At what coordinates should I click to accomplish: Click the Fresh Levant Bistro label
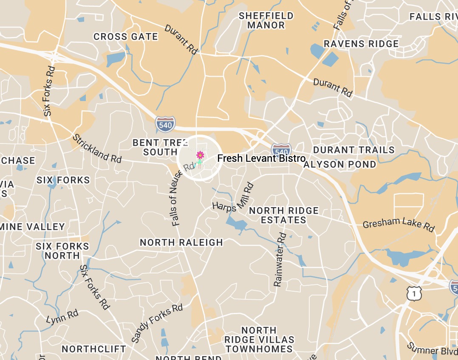261,158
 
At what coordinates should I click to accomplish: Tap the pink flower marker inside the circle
200,155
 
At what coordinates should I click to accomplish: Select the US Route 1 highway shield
413,293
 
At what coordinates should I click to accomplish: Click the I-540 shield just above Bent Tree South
165,124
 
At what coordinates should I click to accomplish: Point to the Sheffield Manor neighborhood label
266,20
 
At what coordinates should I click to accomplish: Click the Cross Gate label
126,37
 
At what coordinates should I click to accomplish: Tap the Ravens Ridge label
361,44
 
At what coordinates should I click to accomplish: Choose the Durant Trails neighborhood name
354,150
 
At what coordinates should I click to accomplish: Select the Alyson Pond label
340,164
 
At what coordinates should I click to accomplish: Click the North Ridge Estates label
284,215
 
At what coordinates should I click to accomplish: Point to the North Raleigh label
181,242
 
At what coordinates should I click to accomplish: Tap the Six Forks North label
62,251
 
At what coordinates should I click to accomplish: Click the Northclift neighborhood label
94,349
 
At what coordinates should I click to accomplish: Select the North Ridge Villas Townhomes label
259,340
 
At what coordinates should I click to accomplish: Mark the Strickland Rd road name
97,149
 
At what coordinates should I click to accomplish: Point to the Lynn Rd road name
62,316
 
